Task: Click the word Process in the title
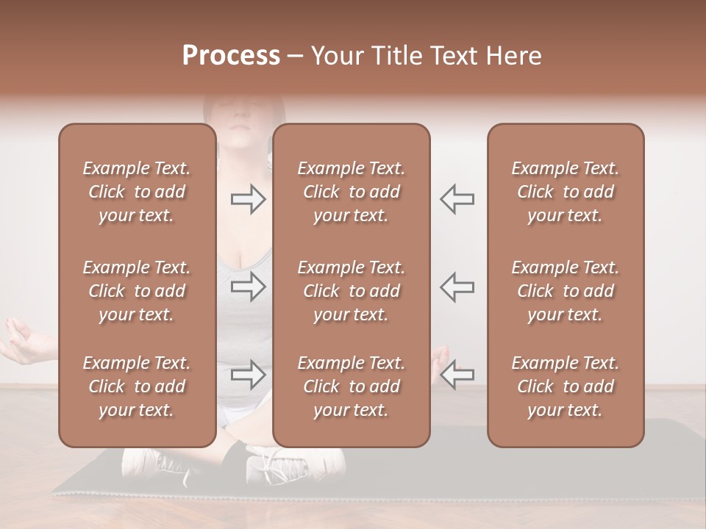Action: coord(231,56)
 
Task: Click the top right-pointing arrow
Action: coord(248,199)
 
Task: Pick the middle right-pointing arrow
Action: coord(248,287)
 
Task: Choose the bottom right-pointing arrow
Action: coord(248,375)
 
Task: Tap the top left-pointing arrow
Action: coord(457,199)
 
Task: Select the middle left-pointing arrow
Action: coord(457,287)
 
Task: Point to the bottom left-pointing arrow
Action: coord(457,375)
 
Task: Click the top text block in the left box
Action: coord(137,192)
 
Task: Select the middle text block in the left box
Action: coord(137,291)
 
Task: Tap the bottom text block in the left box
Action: coord(137,386)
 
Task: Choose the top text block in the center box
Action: coord(351,192)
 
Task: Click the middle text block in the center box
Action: coord(351,291)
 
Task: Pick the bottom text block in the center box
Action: coord(351,386)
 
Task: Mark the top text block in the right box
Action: coord(565,192)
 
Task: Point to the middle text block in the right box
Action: coord(565,291)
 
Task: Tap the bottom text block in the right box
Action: coord(565,386)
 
